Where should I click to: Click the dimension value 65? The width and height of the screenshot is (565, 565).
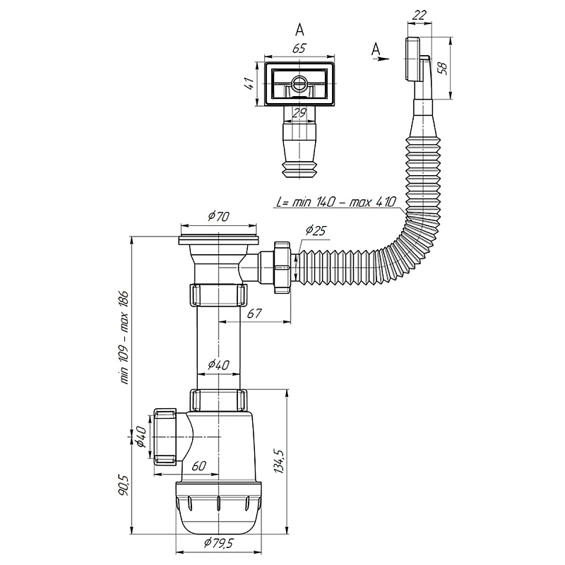pyautogui.click(x=299, y=48)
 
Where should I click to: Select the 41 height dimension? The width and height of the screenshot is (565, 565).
pyautogui.click(x=251, y=84)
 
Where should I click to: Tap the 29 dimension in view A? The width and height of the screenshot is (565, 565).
pyautogui.click(x=299, y=113)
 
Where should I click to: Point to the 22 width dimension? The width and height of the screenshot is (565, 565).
pyautogui.click(x=420, y=15)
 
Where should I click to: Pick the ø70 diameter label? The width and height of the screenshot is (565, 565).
pyautogui.click(x=219, y=216)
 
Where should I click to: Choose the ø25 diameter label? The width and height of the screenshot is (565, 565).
pyautogui.click(x=316, y=230)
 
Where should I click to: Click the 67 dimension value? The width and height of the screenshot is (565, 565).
pyautogui.click(x=254, y=313)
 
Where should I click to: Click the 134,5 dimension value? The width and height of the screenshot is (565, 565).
pyautogui.click(x=281, y=462)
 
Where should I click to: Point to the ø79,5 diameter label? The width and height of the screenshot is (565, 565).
pyautogui.click(x=218, y=543)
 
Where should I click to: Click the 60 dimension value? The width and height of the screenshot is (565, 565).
pyautogui.click(x=198, y=466)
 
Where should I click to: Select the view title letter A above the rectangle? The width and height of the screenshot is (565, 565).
pyautogui.click(x=299, y=30)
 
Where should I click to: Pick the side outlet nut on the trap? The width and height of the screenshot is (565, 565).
pyautogui.click(x=165, y=436)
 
